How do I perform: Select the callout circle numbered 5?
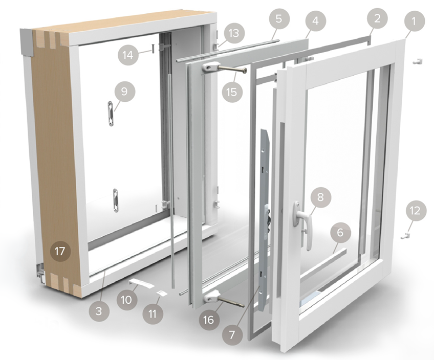click(x=279, y=18)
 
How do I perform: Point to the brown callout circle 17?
click(x=60, y=251)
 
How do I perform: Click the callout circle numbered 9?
click(x=124, y=91)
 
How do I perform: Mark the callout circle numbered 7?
click(x=232, y=335)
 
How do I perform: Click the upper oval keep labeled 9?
click(x=111, y=114)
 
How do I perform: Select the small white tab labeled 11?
click(x=161, y=294)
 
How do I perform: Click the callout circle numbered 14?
click(x=128, y=55)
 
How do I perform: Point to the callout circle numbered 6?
click(x=340, y=232)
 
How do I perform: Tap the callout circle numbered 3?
click(x=99, y=311)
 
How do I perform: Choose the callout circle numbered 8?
click(x=320, y=197)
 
